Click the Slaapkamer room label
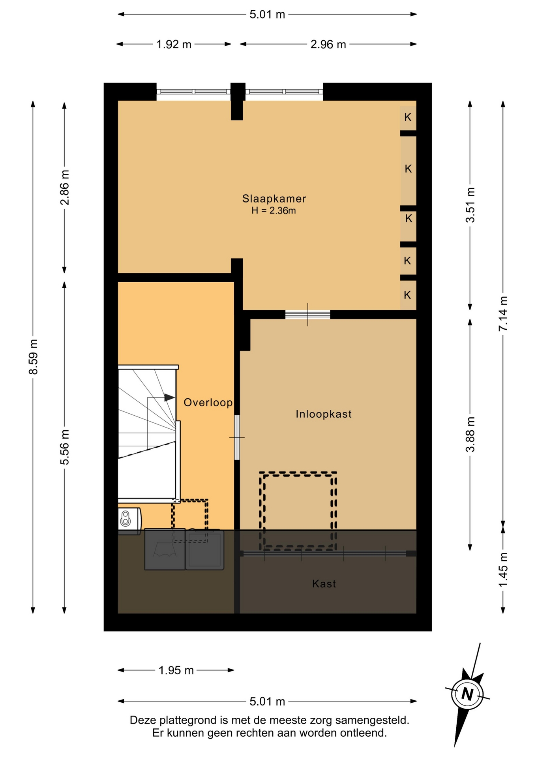pos(274,198)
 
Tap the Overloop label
pos(208,402)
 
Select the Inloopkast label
pos(324,414)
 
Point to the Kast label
pos(324,584)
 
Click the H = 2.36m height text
pos(274,210)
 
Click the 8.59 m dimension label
pos(33,357)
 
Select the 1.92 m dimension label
pos(174,44)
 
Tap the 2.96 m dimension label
pos(328,44)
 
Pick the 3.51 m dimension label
pos(470,205)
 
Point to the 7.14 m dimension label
pos(503,314)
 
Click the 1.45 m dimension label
pos(503,570)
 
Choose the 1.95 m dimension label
pos(176,670)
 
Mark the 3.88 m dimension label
pos(470,434)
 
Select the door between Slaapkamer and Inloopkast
pos(308,315)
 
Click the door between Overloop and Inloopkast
pos(237,437)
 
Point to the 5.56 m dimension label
pos(65,447)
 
